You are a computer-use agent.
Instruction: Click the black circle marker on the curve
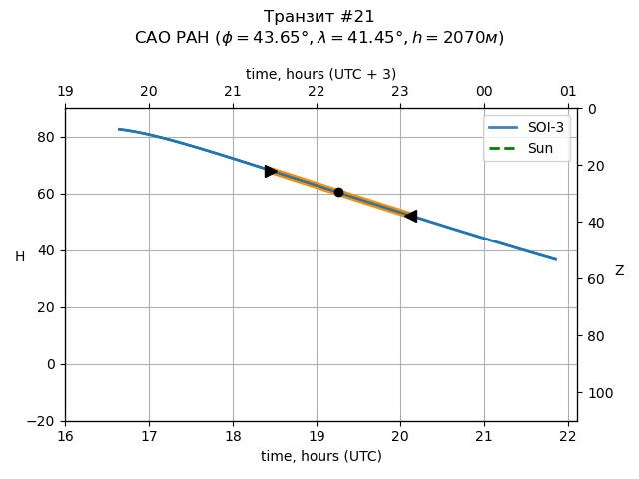(x=338, y=192)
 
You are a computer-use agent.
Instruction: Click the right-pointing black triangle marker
(x=271, y=171)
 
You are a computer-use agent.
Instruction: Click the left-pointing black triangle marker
(x=410, y=216)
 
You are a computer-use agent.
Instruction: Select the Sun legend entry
(x=526, y=148)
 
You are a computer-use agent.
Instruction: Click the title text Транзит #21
(x=319, y=17)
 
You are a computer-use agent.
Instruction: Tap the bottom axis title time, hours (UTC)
(x=320, y=456)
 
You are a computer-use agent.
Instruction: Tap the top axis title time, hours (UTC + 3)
(x=320, y=74)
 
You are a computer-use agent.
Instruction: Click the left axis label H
(x=20, y=257)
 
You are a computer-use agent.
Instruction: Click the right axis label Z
(x=619, y=271)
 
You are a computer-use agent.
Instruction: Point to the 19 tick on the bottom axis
(x=317, y=435)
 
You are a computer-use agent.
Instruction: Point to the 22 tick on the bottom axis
(x=568, y=435)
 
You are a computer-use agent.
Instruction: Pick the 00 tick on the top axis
(x=484, y=92)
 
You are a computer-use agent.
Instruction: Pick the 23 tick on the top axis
(x=400, y=92)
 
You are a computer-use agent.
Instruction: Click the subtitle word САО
(x=152, y=38)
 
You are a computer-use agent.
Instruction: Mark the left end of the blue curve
(x=119, y=129)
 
